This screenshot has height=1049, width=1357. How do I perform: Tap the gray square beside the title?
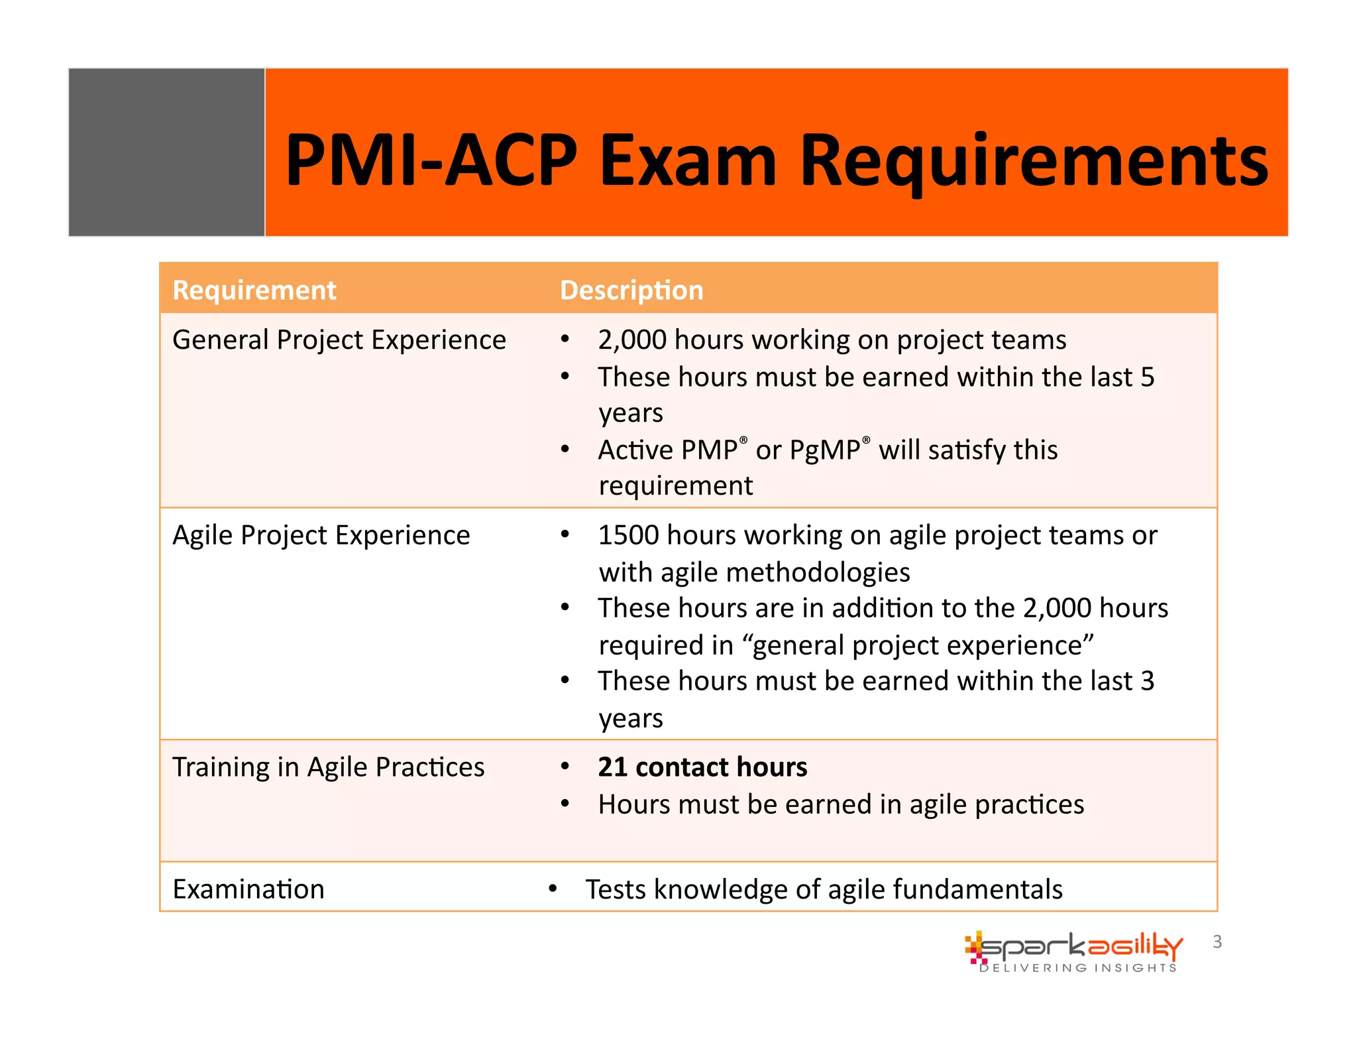coord(167,153)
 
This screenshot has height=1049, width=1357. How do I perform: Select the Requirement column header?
coord(254,290)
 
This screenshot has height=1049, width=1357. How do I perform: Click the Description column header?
coord(631,290)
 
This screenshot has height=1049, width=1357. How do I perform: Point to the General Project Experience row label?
coord(339,340)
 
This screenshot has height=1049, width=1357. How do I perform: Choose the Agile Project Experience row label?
coord(321,535)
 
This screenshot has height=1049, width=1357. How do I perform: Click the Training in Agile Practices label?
coord(329,767)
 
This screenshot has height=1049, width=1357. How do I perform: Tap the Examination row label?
coord(248,889)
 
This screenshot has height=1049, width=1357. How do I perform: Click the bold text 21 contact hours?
coord(702,767)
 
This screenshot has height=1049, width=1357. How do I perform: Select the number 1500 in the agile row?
coord(628,535)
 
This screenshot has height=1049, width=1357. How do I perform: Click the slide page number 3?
coord(1217,942)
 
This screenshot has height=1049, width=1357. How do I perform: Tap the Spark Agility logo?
coord(1073,947)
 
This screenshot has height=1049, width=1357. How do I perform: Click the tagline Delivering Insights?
coord(1078,968)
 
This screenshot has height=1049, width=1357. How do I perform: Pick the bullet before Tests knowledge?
coord(553,889)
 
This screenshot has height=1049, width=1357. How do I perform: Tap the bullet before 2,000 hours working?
coord(565,340)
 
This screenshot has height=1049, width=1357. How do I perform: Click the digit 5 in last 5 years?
coord(1147,377)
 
